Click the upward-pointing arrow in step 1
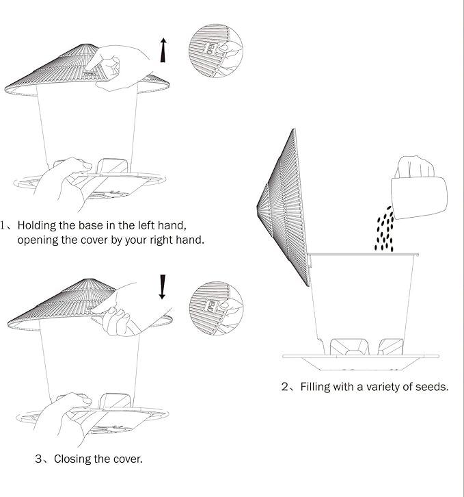pyautogui.click(x=163, y=50)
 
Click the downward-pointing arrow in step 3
pyautogui.click(x=163, y=287)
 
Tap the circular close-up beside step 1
pyautogui.click(x=216, y=51)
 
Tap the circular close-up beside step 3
pyautogui.click(x=217, y=308)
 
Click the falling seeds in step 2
pyautogui.click(x=384, y=229)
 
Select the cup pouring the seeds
pyautogui.click(x=419, y=197)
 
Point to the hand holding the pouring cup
pyautogui.click(x=414, y=167)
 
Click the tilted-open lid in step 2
pyautogui.click(x=284, y=207)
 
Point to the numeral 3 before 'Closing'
pyautogui.click(x=38, y=459)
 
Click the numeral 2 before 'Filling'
pyautogui.click(x=284, y=387)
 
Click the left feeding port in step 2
pyautogui.click(x=349, y=347)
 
